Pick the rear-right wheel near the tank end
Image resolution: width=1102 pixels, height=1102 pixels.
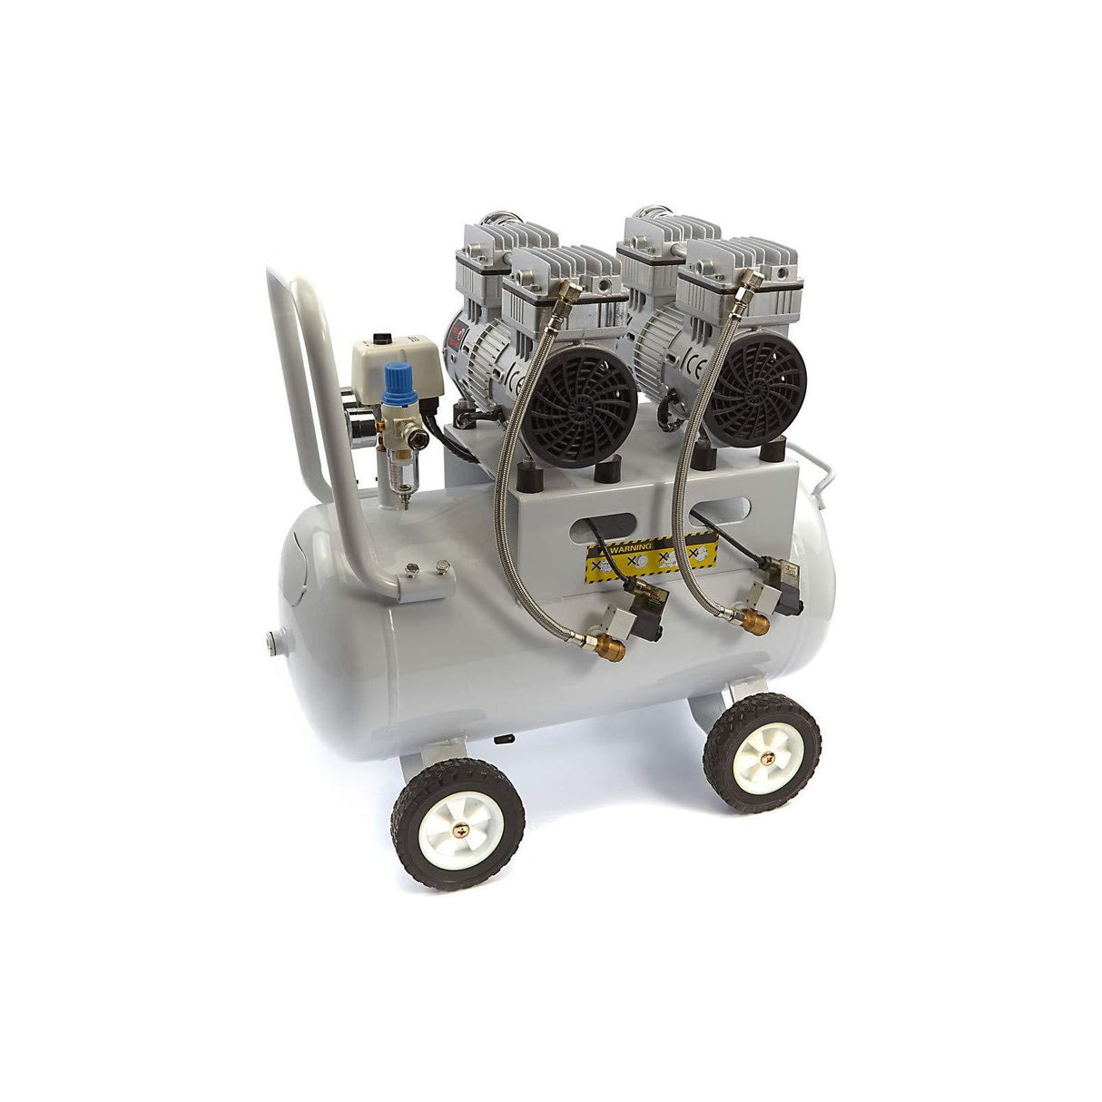[x=762, y=752]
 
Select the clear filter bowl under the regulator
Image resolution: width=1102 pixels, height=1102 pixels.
[x=392, y=458]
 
